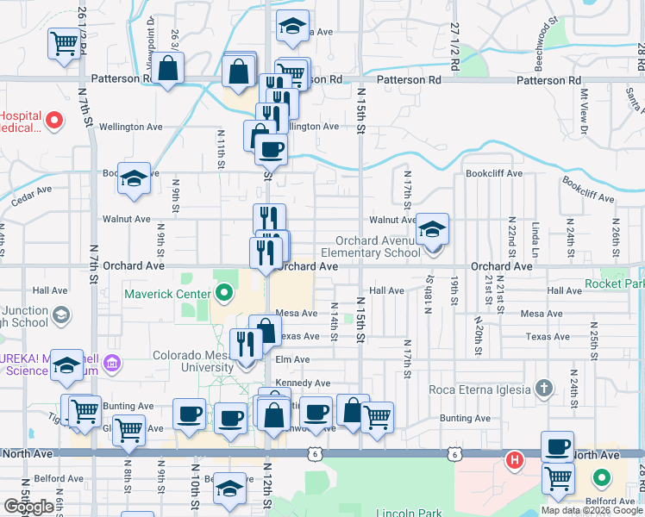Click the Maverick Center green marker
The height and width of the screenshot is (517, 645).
pyautogui.click(x=224, y=295)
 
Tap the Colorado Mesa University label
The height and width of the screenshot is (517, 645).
pyautogui.click(x=194, y=361)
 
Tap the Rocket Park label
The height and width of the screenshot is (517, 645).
pyautogui.click(x=614, y=283)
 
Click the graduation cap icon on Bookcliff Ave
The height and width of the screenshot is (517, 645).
pyautogui.click(x=134, y=178)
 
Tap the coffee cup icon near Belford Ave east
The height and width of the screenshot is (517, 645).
pyautogui.click(x=557, y=446)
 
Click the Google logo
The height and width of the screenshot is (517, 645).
pyautogui.click(x=29, y=506)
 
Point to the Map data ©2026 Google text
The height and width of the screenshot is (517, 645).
pyautogui.click(x=591, y=510)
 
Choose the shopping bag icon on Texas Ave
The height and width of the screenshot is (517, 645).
pyautogui.click(x=266, y=330)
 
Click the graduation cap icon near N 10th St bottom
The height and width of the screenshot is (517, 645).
pyautogui.click(x=229, y=489)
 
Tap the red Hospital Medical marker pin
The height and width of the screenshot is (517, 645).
pyautogui.click(x=55, y=121)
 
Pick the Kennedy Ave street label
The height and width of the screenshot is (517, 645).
pyautogui.click(x=303, y=383)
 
